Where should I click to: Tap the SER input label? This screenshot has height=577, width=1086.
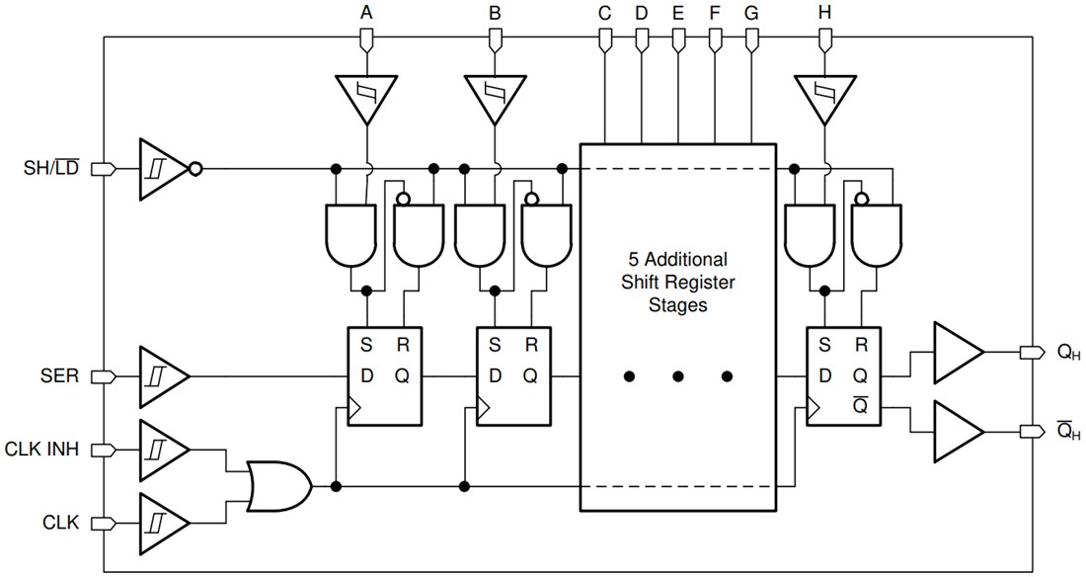pos(59,376)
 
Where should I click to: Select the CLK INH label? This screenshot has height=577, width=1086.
pos(44,450)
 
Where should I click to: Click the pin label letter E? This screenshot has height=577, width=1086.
pos(677,14)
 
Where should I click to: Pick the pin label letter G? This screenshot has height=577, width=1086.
pos(751,14)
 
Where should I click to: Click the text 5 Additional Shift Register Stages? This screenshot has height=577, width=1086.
pos(677,283)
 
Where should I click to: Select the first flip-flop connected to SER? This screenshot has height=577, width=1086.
pos(384,376)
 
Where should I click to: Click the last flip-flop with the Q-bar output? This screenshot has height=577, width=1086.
pos(844,376)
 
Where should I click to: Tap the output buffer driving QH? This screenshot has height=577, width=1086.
pos(956,353)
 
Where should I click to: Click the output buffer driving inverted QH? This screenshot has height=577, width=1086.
pos(956,433)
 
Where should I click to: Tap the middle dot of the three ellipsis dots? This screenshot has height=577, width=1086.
pos(677,376)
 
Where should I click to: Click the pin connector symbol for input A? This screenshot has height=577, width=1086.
pos(366,40)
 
